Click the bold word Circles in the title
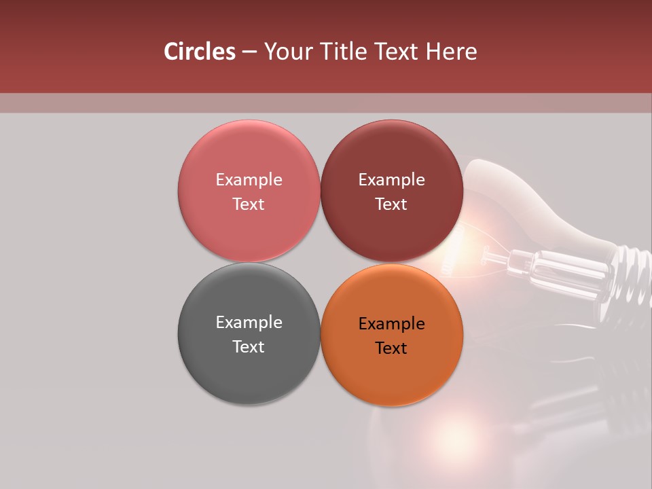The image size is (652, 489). coord(200,52)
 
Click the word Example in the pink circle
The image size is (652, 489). coord(249,179)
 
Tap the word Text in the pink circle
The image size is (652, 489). coord(249,204)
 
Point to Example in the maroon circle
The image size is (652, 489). coord(391,179)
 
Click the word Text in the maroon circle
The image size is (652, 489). coord(391,204)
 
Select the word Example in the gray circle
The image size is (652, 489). coord(249,322)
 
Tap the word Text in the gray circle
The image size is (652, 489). coord(249,346)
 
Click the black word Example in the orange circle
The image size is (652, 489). coord(391,323)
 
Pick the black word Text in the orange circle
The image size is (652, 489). coord(391,348)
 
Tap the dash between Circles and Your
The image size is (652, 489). coord(249,52)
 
